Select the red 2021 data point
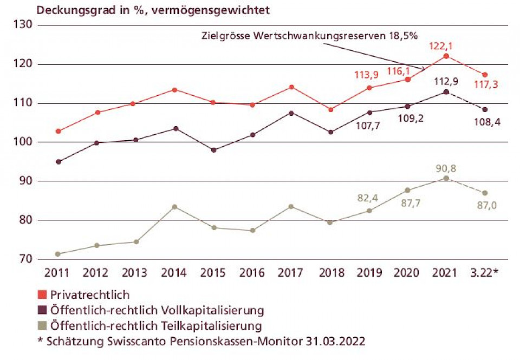click(x=446, y=56)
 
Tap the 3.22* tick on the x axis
click(x=485, y=272)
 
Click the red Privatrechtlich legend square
click(x=42, y=295)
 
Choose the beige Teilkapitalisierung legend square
click(x=42, y=326)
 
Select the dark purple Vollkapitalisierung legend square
click(x=42, y=311)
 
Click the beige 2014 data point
click(x=174, y=207)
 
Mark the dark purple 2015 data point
click(x=213, y=150)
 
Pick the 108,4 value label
click(x=485, y=122)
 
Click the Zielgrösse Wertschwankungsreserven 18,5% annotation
click(x=309, y=36)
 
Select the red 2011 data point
click(x=58, y=131)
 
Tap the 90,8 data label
click(x=446, y=168)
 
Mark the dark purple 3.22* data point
click(x=485, y=109)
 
